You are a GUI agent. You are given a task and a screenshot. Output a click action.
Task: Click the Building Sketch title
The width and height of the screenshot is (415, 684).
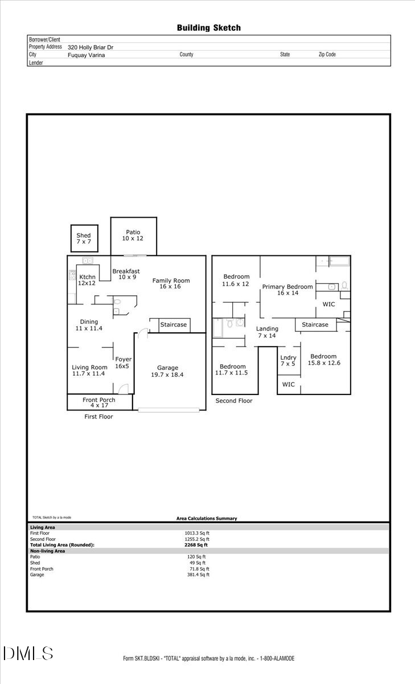click(x=208, y=28)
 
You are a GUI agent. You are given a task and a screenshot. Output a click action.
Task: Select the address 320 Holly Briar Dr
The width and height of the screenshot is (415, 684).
click(x=90, y=48)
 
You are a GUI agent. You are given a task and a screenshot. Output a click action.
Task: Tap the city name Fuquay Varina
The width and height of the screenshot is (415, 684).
click(x=86, y=55)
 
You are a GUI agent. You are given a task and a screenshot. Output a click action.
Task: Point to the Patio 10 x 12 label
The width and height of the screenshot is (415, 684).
click(x=133, y=235)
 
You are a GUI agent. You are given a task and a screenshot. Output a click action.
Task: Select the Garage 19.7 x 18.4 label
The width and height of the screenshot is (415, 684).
click(x=167, y=371)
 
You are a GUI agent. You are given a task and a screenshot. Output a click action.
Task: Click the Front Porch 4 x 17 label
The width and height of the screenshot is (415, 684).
click(x=99, y=403)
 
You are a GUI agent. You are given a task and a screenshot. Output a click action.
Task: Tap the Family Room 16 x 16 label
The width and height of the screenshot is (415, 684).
click(x=171, y=284)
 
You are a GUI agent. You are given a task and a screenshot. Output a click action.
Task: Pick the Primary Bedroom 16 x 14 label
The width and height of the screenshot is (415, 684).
click(x=287, y=290)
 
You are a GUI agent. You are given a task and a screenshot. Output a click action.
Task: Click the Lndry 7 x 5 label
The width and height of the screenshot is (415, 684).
click(x=288, y=361)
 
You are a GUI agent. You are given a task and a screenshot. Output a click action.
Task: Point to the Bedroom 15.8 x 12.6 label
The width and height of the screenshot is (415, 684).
click(x=324, y=360)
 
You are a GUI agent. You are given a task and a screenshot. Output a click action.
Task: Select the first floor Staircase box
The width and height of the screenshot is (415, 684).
click(x=174, y=325)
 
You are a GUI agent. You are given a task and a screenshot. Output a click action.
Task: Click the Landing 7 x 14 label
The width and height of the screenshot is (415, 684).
click(x=267, y=332)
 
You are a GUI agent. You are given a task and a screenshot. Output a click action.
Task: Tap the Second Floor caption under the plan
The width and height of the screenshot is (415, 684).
click(x=233, y=401)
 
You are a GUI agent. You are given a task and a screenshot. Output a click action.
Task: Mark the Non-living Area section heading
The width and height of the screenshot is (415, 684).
click(x=47, y=551)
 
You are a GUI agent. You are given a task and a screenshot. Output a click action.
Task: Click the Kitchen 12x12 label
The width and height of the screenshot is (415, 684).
click(x=87, y=280)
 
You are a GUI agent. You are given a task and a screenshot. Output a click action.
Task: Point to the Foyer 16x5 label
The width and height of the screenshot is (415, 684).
click(x=124, y=363)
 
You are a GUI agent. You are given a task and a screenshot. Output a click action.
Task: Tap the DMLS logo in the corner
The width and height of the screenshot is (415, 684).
click(x=28, y=653)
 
